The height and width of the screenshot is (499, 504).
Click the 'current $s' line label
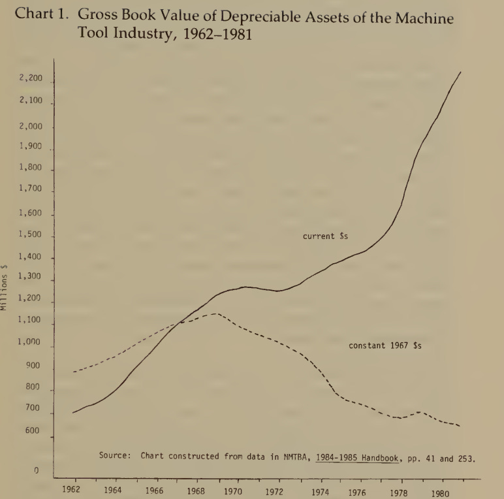pyautogui.click(x=324, y=236)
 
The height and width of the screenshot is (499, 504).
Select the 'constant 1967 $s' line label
pyautogui.click(x=385, y=346)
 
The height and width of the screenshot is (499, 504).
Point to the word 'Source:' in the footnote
pyautogui.click(x=117, y=456)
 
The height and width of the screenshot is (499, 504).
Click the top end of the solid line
pyautogui.click(x=461, y=71)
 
